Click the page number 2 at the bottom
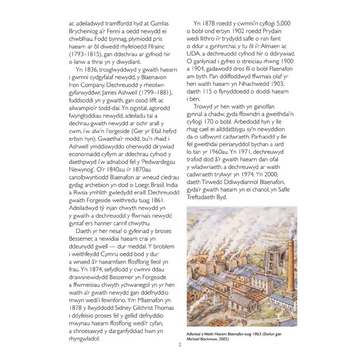click(180, 344)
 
